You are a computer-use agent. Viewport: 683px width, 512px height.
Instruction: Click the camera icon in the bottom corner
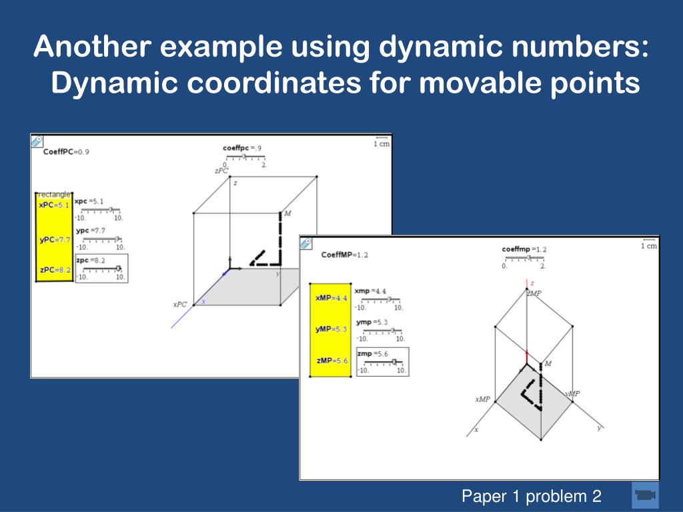644,495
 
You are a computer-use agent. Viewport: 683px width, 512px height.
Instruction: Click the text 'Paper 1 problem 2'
532,496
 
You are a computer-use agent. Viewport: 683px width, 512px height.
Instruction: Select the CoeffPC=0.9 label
66,152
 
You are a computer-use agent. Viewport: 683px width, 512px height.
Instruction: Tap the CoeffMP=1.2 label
344,255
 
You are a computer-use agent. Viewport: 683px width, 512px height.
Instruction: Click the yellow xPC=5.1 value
54,205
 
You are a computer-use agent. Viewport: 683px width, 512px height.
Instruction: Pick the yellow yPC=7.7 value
55,239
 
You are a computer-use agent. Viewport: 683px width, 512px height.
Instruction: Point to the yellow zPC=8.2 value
55,270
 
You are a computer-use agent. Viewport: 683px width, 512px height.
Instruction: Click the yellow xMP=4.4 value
331,298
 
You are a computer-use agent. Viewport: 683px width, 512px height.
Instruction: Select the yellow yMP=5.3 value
331,329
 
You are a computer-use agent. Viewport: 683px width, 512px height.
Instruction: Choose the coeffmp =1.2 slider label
524,249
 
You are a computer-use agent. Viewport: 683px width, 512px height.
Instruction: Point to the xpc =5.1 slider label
89,201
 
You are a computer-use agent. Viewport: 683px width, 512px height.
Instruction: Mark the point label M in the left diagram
287,213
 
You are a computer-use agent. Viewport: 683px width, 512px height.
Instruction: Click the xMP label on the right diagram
482,399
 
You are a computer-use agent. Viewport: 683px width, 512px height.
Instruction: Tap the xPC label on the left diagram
180,304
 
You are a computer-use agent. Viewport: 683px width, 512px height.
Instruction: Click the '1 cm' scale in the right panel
648,245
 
